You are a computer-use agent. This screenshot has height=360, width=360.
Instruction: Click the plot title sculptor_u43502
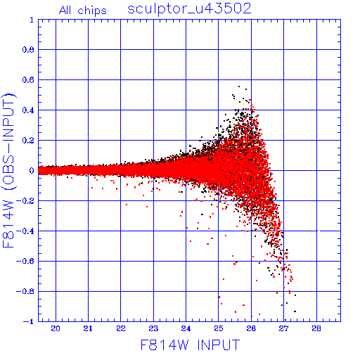point(189,9)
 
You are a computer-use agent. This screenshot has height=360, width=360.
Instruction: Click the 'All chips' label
point(83,11)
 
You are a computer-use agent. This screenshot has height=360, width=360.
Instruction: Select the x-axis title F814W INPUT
point(190,345)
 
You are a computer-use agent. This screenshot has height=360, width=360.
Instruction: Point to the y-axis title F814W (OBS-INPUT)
point(8,171)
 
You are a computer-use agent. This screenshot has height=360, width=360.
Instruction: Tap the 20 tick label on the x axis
point(56,329)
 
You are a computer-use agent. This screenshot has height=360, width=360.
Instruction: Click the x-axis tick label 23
point(153,329)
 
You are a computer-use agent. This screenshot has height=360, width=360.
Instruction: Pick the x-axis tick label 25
point(219,329)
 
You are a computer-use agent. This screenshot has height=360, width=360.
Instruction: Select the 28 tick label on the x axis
point(316,329)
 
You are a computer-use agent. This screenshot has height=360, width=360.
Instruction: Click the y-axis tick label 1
point(32,20)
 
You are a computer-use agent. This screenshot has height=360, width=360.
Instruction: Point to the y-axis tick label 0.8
point(28,50)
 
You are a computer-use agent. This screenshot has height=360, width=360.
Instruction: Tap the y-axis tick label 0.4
point(28,110)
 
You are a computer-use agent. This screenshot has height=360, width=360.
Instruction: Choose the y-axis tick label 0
point(32,171)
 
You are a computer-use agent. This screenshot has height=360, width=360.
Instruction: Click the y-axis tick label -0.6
point(25,261)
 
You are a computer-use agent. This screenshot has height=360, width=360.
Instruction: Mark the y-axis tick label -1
point(29,321)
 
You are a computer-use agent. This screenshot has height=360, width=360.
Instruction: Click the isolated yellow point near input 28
point(319,231)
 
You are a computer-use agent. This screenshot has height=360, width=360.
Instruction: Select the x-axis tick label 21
point(88,329)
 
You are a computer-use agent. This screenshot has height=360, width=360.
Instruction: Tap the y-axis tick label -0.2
point(25,201)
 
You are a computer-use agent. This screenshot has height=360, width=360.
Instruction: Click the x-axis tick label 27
point(283,329)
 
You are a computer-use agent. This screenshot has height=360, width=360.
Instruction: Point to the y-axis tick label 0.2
point(28,141)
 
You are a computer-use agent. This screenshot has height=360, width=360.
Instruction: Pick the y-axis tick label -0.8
point(25,291)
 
